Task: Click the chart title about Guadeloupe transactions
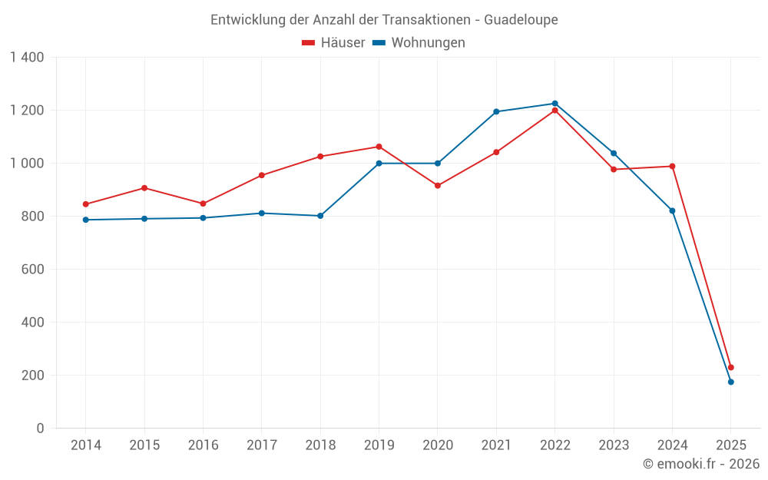coord(384,19)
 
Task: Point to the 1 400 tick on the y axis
coord(28,58)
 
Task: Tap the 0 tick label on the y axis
coord(41,429)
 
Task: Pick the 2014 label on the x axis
coord(85,445)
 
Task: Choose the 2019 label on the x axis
coord(379,445)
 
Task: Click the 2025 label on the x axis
coord(730,445)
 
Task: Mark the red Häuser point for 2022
coord(554,111)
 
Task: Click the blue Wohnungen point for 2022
coord(554,104)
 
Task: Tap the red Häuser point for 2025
coord(730,368)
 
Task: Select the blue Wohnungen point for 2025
coord(730,382)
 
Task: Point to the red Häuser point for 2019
coord(379,147)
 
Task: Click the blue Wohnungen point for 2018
coord(320,216)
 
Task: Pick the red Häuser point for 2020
coord(438,186)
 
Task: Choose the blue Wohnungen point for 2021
coord(496,112)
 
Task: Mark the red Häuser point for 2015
coord(144,188)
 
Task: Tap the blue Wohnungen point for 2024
coord(672,211)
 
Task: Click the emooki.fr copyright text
coord(700,464)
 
